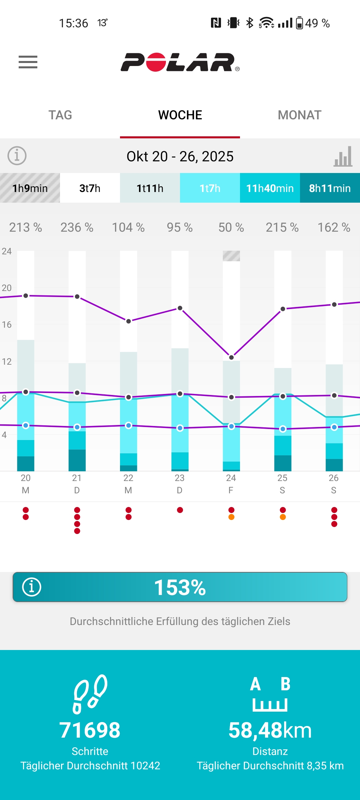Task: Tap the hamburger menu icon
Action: click(x=28, y=62)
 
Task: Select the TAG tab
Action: click(x=60, y=115)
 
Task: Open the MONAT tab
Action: click(x=299, y=115)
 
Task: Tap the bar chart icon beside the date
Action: click(x=343, y=156)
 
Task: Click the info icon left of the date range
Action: click(x=17, y=156)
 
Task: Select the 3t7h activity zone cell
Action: click(x=90, y=188)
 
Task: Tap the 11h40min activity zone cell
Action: click(x=270, y=188)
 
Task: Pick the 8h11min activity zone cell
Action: click(x=330, y=188)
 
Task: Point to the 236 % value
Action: click(x=77, y=227)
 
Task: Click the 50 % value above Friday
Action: click(x=231, y=227)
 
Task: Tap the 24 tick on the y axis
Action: click(x=7, y=251)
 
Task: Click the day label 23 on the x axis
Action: click(x=180, y=478)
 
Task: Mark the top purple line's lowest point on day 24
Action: click(x=231, y=357)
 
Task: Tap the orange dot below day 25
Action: click(x=283, y=517)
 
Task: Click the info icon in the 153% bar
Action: click(x=32, y=587)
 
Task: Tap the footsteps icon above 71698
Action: click(x=90, y=694)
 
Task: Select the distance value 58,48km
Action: click(x=270, y=730)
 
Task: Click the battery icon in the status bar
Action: click(x=300, y=23)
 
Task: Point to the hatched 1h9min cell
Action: click(x=30, y=188)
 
